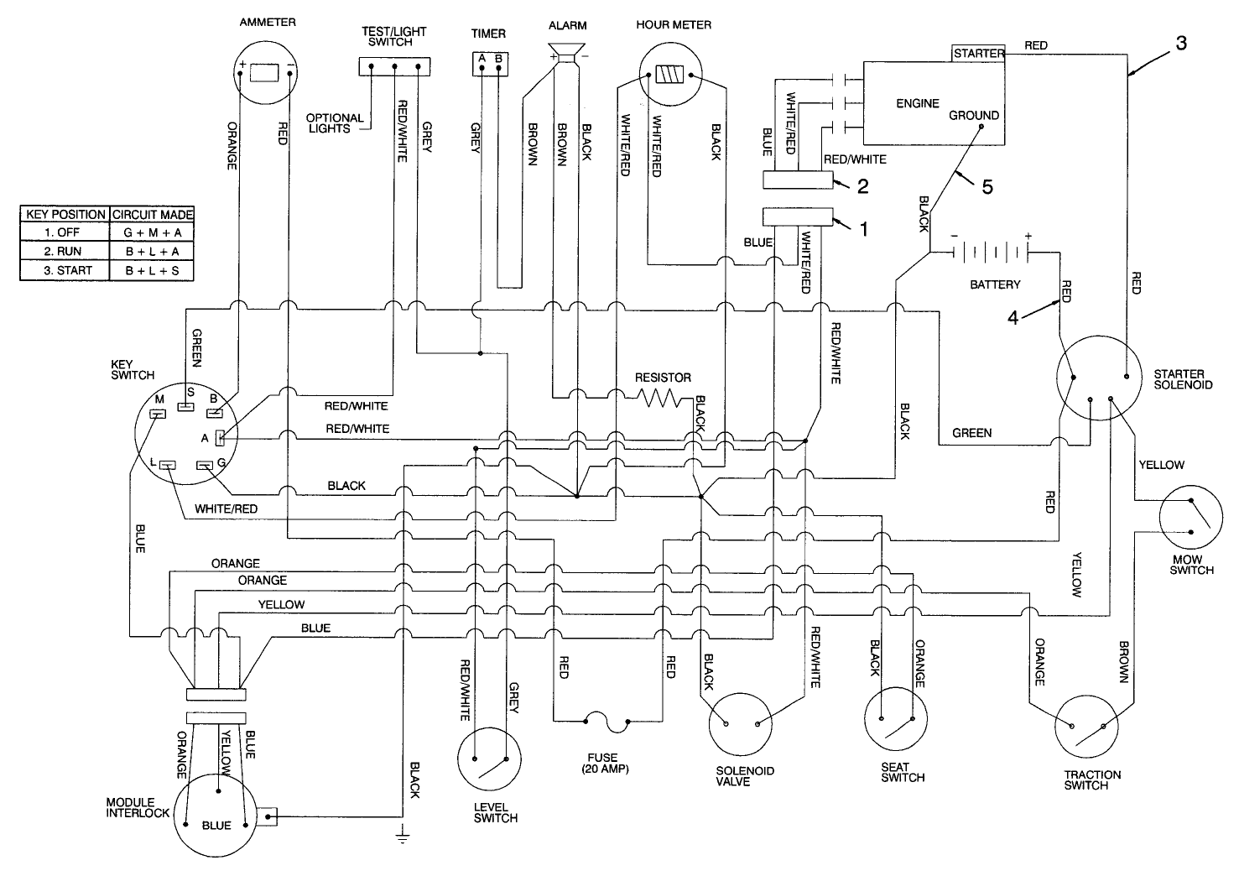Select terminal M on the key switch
157,413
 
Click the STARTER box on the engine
978,53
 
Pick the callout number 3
1181,44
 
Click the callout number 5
987,187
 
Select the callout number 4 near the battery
1013,318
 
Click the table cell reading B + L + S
152,271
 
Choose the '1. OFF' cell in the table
65,232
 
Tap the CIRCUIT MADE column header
152,214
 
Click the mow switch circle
1191,519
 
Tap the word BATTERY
995,284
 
